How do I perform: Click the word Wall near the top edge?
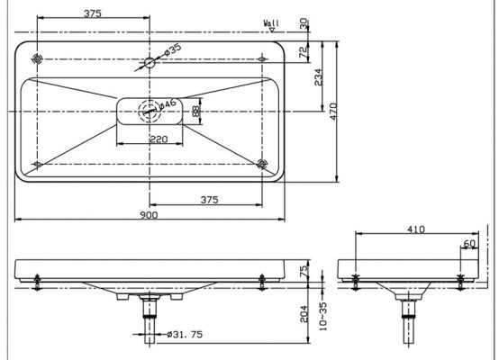271,21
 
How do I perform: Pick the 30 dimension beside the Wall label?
304,22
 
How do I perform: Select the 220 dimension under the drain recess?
159,139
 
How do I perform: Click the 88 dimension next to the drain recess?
199,112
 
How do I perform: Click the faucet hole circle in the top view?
150,63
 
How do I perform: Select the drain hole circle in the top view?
147,113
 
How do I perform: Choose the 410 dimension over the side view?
415,230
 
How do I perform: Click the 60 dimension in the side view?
469,244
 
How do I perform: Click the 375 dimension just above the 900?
210,200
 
